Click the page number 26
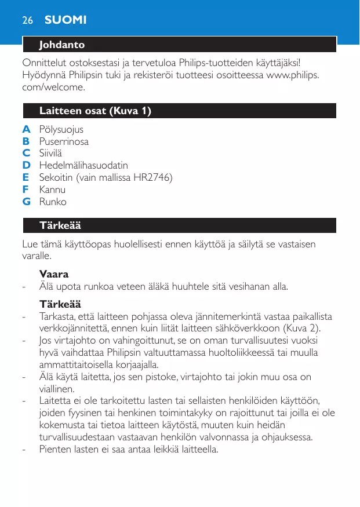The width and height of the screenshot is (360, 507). tap(27, 20)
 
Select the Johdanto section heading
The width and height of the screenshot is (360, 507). tap(62, 45)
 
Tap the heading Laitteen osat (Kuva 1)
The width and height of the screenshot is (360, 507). tap(96, 111)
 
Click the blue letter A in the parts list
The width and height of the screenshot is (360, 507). tap(26, 129)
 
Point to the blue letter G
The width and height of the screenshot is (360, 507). tap(26, 202)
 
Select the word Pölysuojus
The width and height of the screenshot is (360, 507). tap(61, 129)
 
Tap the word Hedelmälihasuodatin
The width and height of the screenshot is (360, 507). tap(83, 166)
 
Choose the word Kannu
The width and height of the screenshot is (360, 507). tap(52, 189)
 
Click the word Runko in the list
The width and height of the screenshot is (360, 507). tap(53, 202)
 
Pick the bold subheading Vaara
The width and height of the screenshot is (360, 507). tap(54, 273)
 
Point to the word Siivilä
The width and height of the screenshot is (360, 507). tap(51, 154)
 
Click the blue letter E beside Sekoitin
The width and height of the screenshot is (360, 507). tap(26, 177)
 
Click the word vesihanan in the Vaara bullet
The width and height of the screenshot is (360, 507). tap(238, 286)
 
